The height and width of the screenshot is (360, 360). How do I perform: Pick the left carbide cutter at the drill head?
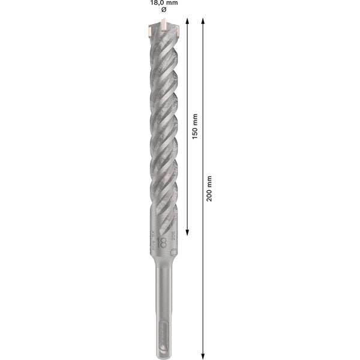click(x=147, y=28)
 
